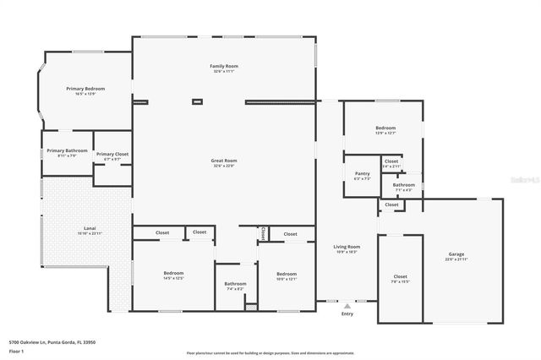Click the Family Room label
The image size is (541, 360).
tap(224, 66)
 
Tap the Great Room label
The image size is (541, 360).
tap(224, 160)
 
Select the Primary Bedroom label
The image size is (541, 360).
tap(85, 88)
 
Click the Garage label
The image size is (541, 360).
tap(456, 254)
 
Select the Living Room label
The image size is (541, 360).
tap(347, 247)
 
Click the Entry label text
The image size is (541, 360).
tap(347, 314)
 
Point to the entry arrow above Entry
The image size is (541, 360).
tap(347, 306)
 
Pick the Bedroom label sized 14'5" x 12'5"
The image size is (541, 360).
tap(173, 273)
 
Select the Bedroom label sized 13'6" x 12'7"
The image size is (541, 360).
tap(385, 128)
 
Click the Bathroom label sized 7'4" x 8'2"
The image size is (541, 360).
tap(235, 283)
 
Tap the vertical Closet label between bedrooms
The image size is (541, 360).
tap(263, 233)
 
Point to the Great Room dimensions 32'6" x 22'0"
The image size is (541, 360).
tap(224, 166)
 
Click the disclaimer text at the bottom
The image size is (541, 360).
tap(270, 353)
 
